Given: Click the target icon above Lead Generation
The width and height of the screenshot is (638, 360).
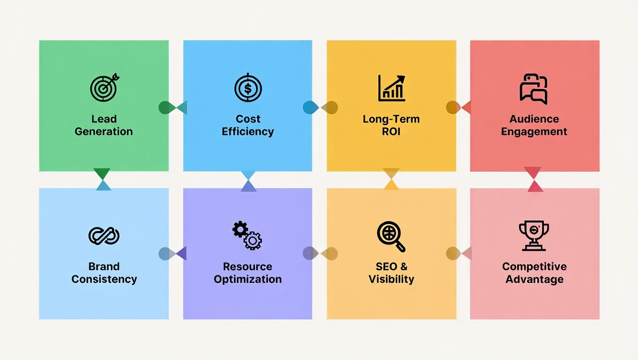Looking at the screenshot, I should click(x=104, y=87).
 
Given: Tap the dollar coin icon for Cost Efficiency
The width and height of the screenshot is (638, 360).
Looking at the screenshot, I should click(x=248, y=88).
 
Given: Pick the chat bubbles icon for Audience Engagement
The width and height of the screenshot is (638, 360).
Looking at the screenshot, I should click(x=534, y=89).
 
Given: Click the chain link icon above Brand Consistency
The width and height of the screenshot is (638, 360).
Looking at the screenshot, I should click(x=104, y=235).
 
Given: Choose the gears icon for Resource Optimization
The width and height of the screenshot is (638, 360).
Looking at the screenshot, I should click(x=247, y=235).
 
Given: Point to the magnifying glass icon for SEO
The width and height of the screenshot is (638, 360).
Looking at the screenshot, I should click(x=391, y=236).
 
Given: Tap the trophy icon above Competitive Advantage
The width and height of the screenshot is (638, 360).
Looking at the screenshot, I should click(x=534, y=236).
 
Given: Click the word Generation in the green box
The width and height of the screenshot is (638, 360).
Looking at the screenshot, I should click(x=104, y=132).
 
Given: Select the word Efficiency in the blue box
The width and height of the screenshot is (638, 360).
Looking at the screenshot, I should click(x=248, y=132).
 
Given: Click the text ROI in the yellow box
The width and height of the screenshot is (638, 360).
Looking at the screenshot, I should click(x=391, y=132).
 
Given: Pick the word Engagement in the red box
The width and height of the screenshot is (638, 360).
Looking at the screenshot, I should click(x=534, y=132).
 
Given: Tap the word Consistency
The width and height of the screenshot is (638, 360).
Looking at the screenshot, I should click(x=104, y=279).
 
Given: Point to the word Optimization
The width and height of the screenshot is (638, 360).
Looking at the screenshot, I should click(x=248, y=279).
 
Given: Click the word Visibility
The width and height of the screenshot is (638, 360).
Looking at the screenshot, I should click(x=391, y=279).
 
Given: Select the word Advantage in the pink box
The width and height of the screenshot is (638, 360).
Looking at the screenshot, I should click(x=534, y=279).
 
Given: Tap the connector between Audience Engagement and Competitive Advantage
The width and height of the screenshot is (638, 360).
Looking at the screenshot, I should click(x=533, y=180).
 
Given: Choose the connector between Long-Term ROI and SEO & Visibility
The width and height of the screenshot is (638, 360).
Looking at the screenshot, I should click(x=391, y=179).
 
